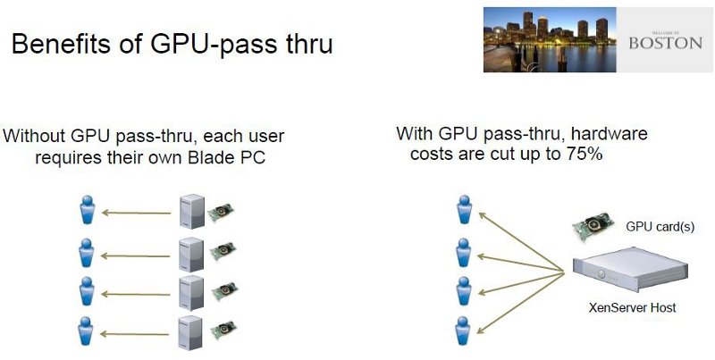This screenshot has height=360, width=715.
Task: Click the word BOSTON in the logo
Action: [665, 43]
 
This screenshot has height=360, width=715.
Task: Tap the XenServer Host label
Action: [632, 307]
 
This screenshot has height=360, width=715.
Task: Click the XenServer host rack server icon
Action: [630, 269]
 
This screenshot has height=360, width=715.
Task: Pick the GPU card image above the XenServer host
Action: [593, 228]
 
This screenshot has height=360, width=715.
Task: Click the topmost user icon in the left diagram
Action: [87, 210]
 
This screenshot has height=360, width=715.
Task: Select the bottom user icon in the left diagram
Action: [86, 331]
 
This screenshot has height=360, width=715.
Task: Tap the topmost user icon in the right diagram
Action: [464, 210]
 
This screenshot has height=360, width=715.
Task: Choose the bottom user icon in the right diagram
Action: [463, 331]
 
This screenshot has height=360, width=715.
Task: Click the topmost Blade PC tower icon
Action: [192, 212]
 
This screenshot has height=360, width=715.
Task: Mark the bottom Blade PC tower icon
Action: [190, 332]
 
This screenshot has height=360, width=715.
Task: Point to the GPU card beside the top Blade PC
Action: [221, 213]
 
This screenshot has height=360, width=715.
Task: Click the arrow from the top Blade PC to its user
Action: [136, 213]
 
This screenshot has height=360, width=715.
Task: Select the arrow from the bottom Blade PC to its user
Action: [134, 334]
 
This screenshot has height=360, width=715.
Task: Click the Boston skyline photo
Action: [550, 39]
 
